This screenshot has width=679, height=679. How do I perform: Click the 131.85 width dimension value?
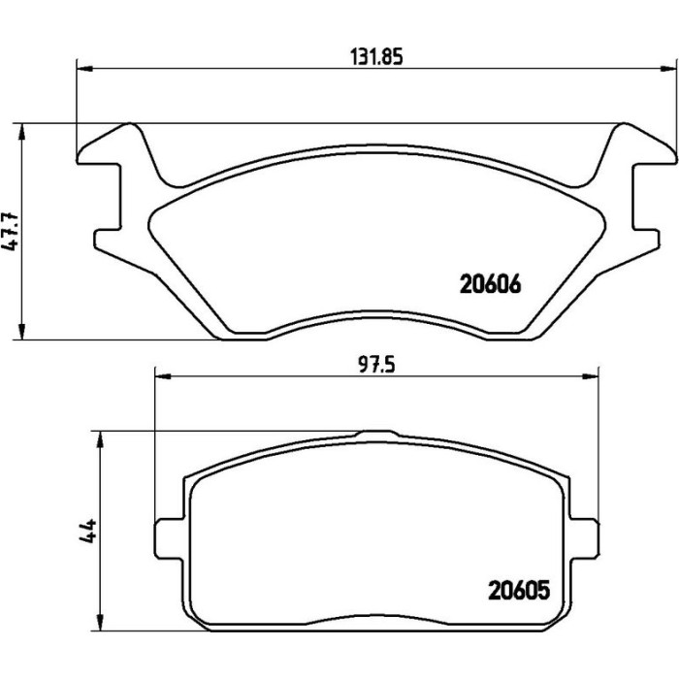point(376,56)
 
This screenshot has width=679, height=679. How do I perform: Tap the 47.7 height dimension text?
point(11,231)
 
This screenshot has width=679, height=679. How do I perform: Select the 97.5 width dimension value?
point(376,366)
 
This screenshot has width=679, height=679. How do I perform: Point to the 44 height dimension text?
point(87,531)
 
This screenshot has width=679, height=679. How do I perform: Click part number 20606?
point(490,284)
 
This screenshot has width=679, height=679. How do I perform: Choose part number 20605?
point(519,590)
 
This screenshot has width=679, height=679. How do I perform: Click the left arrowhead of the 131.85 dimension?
point(85,69)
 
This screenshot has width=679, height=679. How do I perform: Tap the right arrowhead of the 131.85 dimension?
point(667,69)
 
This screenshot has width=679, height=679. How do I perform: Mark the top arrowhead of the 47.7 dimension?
point(21,132)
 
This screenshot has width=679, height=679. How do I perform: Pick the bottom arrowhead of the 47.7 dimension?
point(21,332)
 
